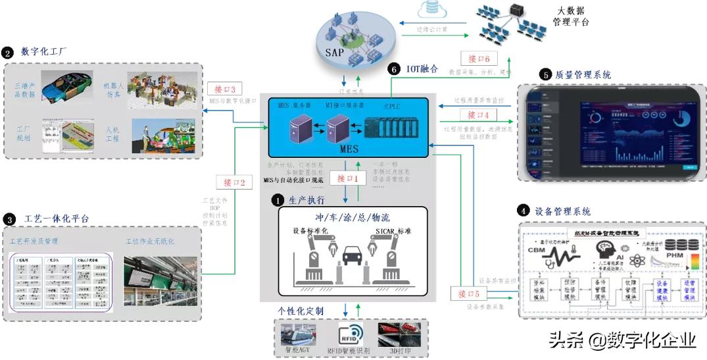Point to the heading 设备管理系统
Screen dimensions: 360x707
coord(563,211)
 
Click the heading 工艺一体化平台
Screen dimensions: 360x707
coord(56,218)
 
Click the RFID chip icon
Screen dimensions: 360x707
coord(351,333)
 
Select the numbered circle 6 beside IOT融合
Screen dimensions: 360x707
coord(394,68)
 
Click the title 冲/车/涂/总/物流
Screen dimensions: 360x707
coord(353,218)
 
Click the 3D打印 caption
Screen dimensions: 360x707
coord(401,351)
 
